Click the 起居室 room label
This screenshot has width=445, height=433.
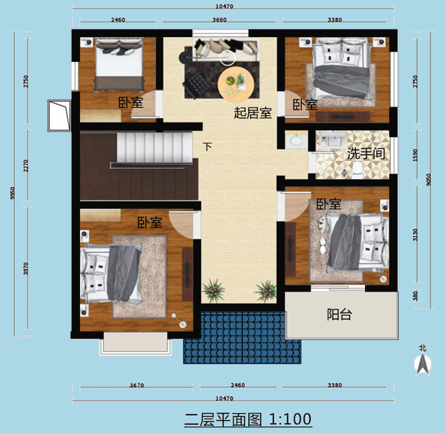[x=252, y=113]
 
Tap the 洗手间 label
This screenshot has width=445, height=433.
[x=366, y=154]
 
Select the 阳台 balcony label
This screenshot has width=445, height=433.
[x=339, y=314]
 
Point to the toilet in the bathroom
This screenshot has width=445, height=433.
[x=357, y=171]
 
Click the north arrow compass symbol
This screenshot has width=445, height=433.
[x=423, y=364]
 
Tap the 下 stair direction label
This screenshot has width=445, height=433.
[x=207, y=147]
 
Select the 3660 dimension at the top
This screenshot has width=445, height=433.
[x=219, y=20]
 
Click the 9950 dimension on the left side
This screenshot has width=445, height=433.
[x=12, y=193]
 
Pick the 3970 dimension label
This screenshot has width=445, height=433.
[x=26, y=268]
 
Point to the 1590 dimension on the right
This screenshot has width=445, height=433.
[x=415, y=156]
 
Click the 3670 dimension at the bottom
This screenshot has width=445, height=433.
[x=137, y=385]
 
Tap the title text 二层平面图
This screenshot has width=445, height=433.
[x=223, y=420]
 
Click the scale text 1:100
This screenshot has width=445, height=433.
[x=290, y=420]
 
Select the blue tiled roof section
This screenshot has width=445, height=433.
[x=242, y=337]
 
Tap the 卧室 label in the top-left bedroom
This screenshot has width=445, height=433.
[x=131, y=102]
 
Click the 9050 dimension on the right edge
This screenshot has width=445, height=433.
[x=429, y=179]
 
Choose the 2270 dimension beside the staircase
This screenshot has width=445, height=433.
[x=26, y=166]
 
